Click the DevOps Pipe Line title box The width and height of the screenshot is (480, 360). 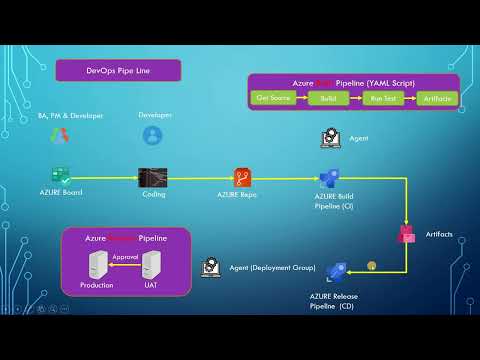pyautogui.click(x=118, y=71)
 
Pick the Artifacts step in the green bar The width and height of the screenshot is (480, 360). pyautogui.click(x=437, y=98)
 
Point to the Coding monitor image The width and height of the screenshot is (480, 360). pyautogui.click(x=153, y=178)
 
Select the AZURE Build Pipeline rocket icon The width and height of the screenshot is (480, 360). pyautogui.click(x=330, y=178)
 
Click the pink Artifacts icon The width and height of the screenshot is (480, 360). pyautogui.click(x=407, y=234)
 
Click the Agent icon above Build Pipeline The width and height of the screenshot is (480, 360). pyautogui.click(x=329, y=138)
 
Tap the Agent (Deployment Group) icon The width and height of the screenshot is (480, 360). pyautogui.click(x=210, y=267)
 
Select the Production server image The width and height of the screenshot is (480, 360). pyautogui.click(x=98, y=265)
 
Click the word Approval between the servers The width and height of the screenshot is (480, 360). pyautogui.click(x=125, y=257)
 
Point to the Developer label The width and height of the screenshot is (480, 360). pyautogui.click(x=155, y=115)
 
